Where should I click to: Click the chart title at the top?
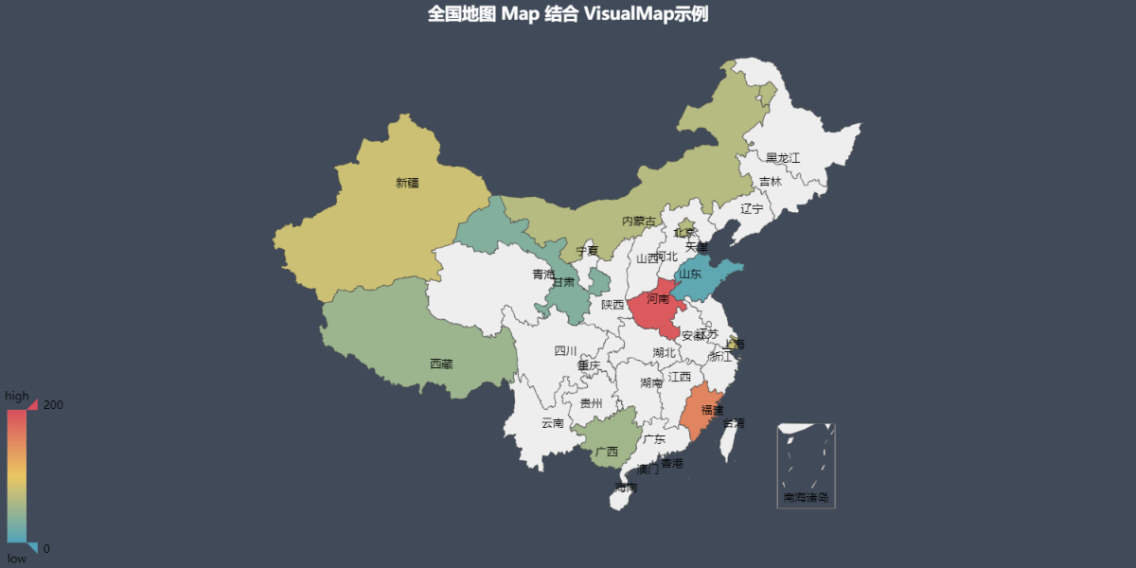pos(568,13)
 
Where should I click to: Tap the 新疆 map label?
pos(407,184)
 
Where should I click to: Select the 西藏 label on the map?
pos(441,364)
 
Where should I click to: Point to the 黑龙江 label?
pos(783,158)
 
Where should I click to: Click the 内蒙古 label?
pos(638,222)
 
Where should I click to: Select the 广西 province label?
pos(607,452)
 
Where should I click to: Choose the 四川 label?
pos(565,351)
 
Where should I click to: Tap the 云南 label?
pos(553,423)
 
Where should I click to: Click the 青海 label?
pos(543,275)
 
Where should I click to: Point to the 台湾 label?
pos(734,423)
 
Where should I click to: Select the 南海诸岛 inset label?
pos(806,497)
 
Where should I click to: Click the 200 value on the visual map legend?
pos(53,405)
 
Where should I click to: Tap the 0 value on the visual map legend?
pos(46,549)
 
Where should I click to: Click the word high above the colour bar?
pos(17,396)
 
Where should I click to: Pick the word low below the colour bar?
pos(17,559)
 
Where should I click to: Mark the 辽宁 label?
pos(752,208)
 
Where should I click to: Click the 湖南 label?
pos(651,383)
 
